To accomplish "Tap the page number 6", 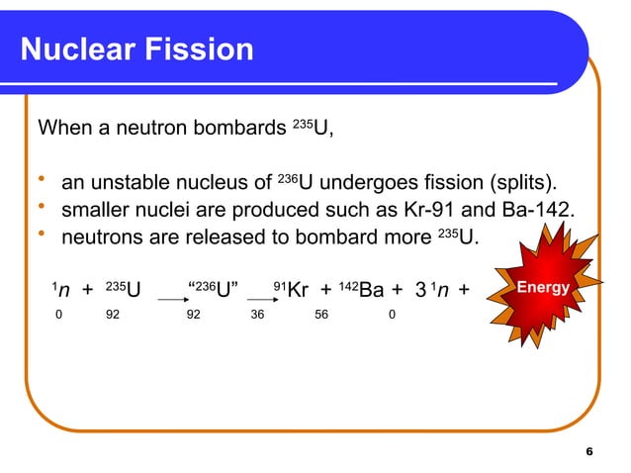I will pyautogui.click(x=589, y=451).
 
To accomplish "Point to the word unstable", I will pyautogui.click(x=129, y=183).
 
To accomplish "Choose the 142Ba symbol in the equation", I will pyautogui.click(x=362, y=290).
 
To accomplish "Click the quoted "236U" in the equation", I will pyautogui.click(x=212, y=290).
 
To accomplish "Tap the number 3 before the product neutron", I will pyautogui.click(x=420, y=290).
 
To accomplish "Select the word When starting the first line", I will pyautogui.click(x=62, y=129).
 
